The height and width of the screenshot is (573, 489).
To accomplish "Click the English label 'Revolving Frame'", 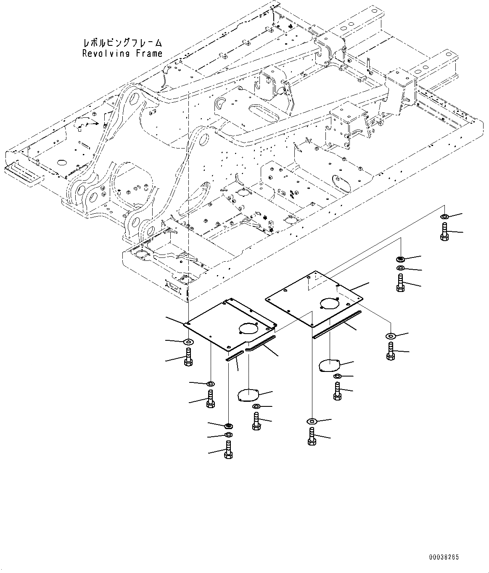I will (x=122, y=53).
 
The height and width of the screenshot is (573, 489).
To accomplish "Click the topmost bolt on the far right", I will (x=444, y=232).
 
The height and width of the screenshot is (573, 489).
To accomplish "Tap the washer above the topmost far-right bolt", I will (x=444, y=217).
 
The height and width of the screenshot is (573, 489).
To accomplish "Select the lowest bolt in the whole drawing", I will (x=228, y=450).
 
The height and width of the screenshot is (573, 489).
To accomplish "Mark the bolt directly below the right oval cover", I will (x=337, y=391).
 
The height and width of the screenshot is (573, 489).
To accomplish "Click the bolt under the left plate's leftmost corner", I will (x=188, y=358).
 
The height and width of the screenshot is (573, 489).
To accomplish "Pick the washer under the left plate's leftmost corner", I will (x=188, y=340).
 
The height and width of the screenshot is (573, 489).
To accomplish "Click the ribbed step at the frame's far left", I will (x=23, y=174).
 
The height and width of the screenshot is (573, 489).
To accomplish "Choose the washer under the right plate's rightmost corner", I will (x=391, y=336).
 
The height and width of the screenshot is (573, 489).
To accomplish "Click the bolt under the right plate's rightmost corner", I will (x=391, y=351).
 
